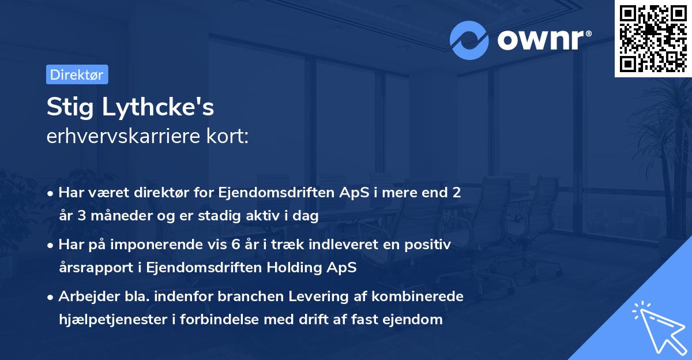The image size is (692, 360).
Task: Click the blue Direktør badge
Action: (x=77, y=74)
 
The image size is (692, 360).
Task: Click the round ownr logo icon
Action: (x=469, y=40)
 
